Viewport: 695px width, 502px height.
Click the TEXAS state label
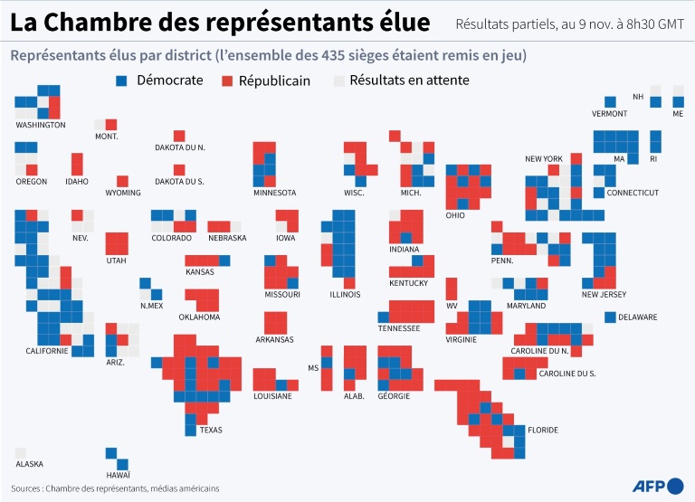(x=210, y=430)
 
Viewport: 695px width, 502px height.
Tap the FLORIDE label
(x=543, y=430)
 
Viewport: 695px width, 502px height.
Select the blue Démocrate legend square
(x=122, y=81)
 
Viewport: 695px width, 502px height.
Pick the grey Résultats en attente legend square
(x=338, y=81)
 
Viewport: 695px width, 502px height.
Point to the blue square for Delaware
(x=610, y=317)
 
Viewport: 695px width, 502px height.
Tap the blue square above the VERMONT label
(x=610, y=102)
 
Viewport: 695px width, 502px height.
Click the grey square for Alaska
(x=20, y=452)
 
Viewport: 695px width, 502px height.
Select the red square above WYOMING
(x=122, y=181)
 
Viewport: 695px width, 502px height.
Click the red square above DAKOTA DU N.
(x=179, y=136)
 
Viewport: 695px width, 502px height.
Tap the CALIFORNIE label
(x=47, y=351)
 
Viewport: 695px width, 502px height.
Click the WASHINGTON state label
(x=40, y=125)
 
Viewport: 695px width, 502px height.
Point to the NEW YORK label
(x=544, y=159)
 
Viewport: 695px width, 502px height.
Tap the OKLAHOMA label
(x=199, y=317)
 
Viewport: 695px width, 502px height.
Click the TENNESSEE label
(x=399, y=328)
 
